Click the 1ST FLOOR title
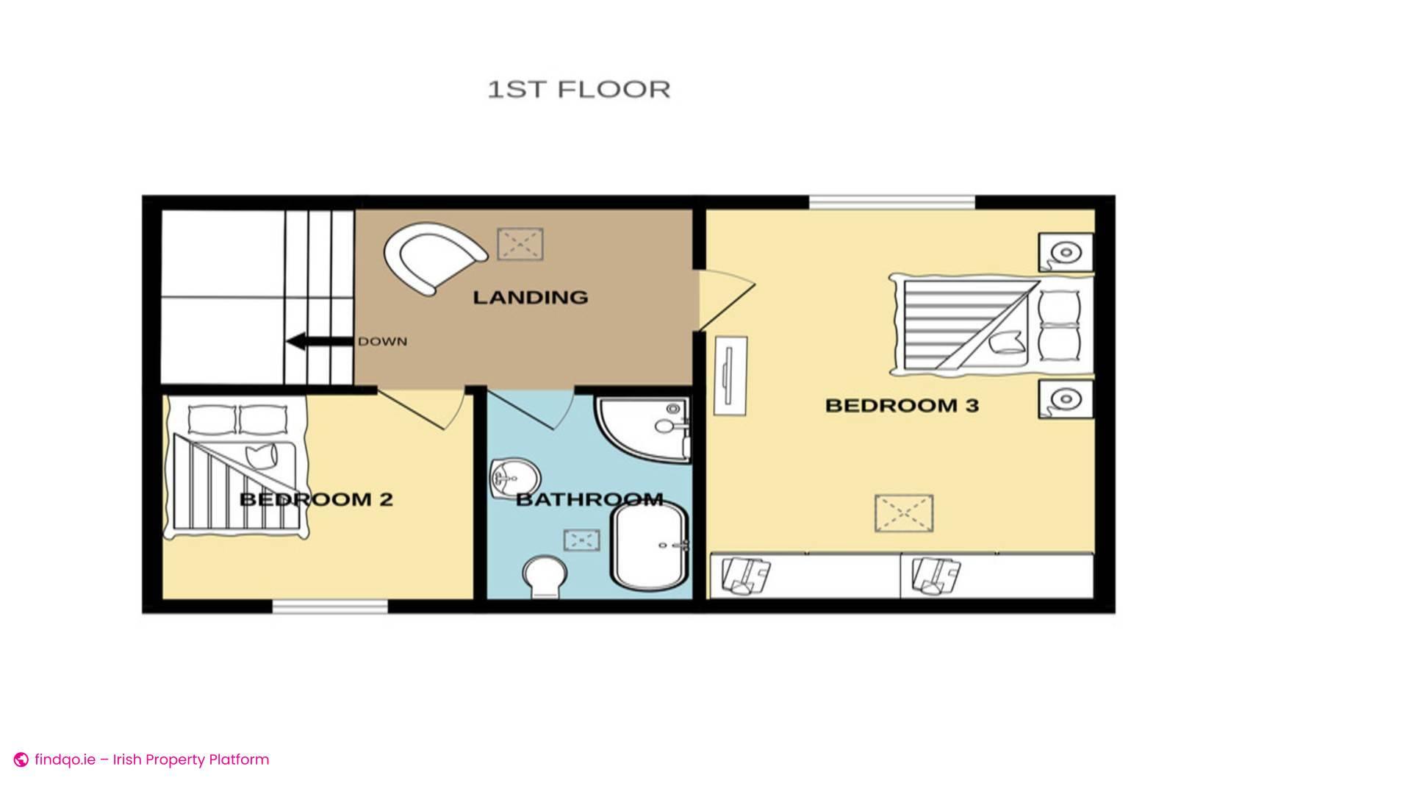tap(579, 90)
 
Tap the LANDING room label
tap(530, 298)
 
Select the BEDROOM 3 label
tap(902, 405)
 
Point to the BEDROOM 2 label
tap(316, 500)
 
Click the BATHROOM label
tap(589, 500)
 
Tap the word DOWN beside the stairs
tap(382, 342)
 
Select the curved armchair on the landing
tap(432, 257)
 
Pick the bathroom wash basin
tap(514, 476)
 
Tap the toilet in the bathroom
tap(545, 576)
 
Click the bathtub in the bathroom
tap(650, 546)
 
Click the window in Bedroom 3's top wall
tap(891, 202)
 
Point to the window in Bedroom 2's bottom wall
tap(330, 606)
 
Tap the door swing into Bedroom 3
tap(724, 298)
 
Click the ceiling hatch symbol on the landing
tap(520, 243)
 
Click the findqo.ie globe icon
tap(21, 759)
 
